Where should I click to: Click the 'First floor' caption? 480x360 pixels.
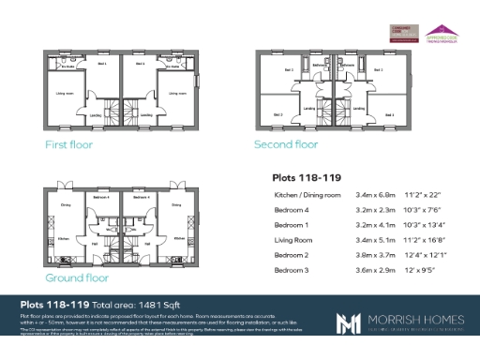pyautogui.click(x=70, y=145)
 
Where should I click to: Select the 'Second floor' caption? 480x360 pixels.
pyautogui.click(x=286, y=144)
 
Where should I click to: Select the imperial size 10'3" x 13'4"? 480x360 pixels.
pyautogui.click(x=424, y=226)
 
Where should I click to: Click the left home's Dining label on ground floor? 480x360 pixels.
pyautogui.click(x=66, y=204)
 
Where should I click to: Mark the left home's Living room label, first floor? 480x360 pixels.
pyautogui.click(x=65, y=94)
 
